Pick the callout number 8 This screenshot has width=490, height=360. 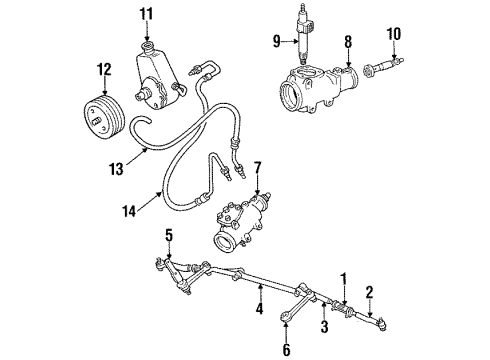click(x=347, y=43)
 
